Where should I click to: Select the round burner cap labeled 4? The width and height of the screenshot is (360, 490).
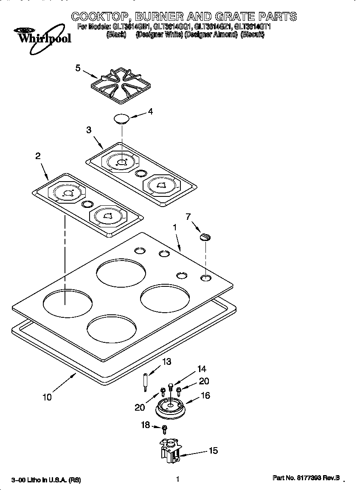point(121,118)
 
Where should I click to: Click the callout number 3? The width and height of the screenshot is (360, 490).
point(89,130)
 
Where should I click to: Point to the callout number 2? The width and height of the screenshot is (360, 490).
point(38,156)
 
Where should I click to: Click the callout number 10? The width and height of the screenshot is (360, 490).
point(47,397)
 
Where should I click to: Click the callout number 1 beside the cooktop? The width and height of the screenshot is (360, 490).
point(174,227)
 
